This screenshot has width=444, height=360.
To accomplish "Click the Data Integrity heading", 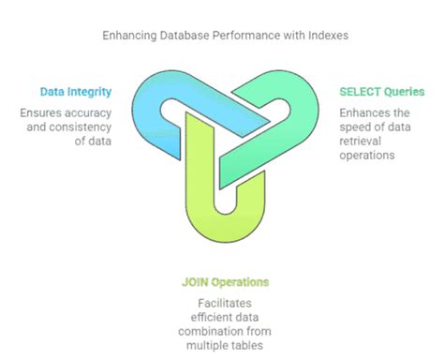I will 78,92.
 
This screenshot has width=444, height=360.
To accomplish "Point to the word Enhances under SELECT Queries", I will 359,112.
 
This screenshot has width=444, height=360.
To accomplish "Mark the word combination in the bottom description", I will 213,333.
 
